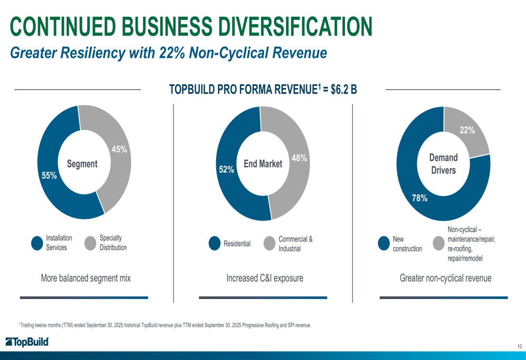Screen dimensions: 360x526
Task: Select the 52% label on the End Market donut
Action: [226, 169]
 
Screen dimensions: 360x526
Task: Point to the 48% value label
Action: [299, 158]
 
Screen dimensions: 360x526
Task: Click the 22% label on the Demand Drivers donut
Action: [468, 130]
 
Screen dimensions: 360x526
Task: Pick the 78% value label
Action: [419, 198]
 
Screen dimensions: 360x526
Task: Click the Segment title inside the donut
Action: [82, 164]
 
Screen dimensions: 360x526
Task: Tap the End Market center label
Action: [263, 164]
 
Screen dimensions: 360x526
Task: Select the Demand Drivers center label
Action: [443, 164]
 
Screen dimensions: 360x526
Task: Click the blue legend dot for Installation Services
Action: [37, 243]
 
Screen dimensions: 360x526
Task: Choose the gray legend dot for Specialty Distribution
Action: [90, 243]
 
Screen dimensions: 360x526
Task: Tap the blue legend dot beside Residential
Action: [215, 243]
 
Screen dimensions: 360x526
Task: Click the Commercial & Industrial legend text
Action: [296, 243]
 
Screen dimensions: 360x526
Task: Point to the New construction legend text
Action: [407, 243]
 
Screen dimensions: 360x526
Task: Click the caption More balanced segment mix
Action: [86, 278]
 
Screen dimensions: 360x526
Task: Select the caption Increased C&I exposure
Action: [265, 278]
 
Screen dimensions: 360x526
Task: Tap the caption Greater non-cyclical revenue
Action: [446, 278]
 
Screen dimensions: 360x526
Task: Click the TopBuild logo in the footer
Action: [27, 342]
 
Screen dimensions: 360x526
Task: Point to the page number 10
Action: [519, 346]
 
